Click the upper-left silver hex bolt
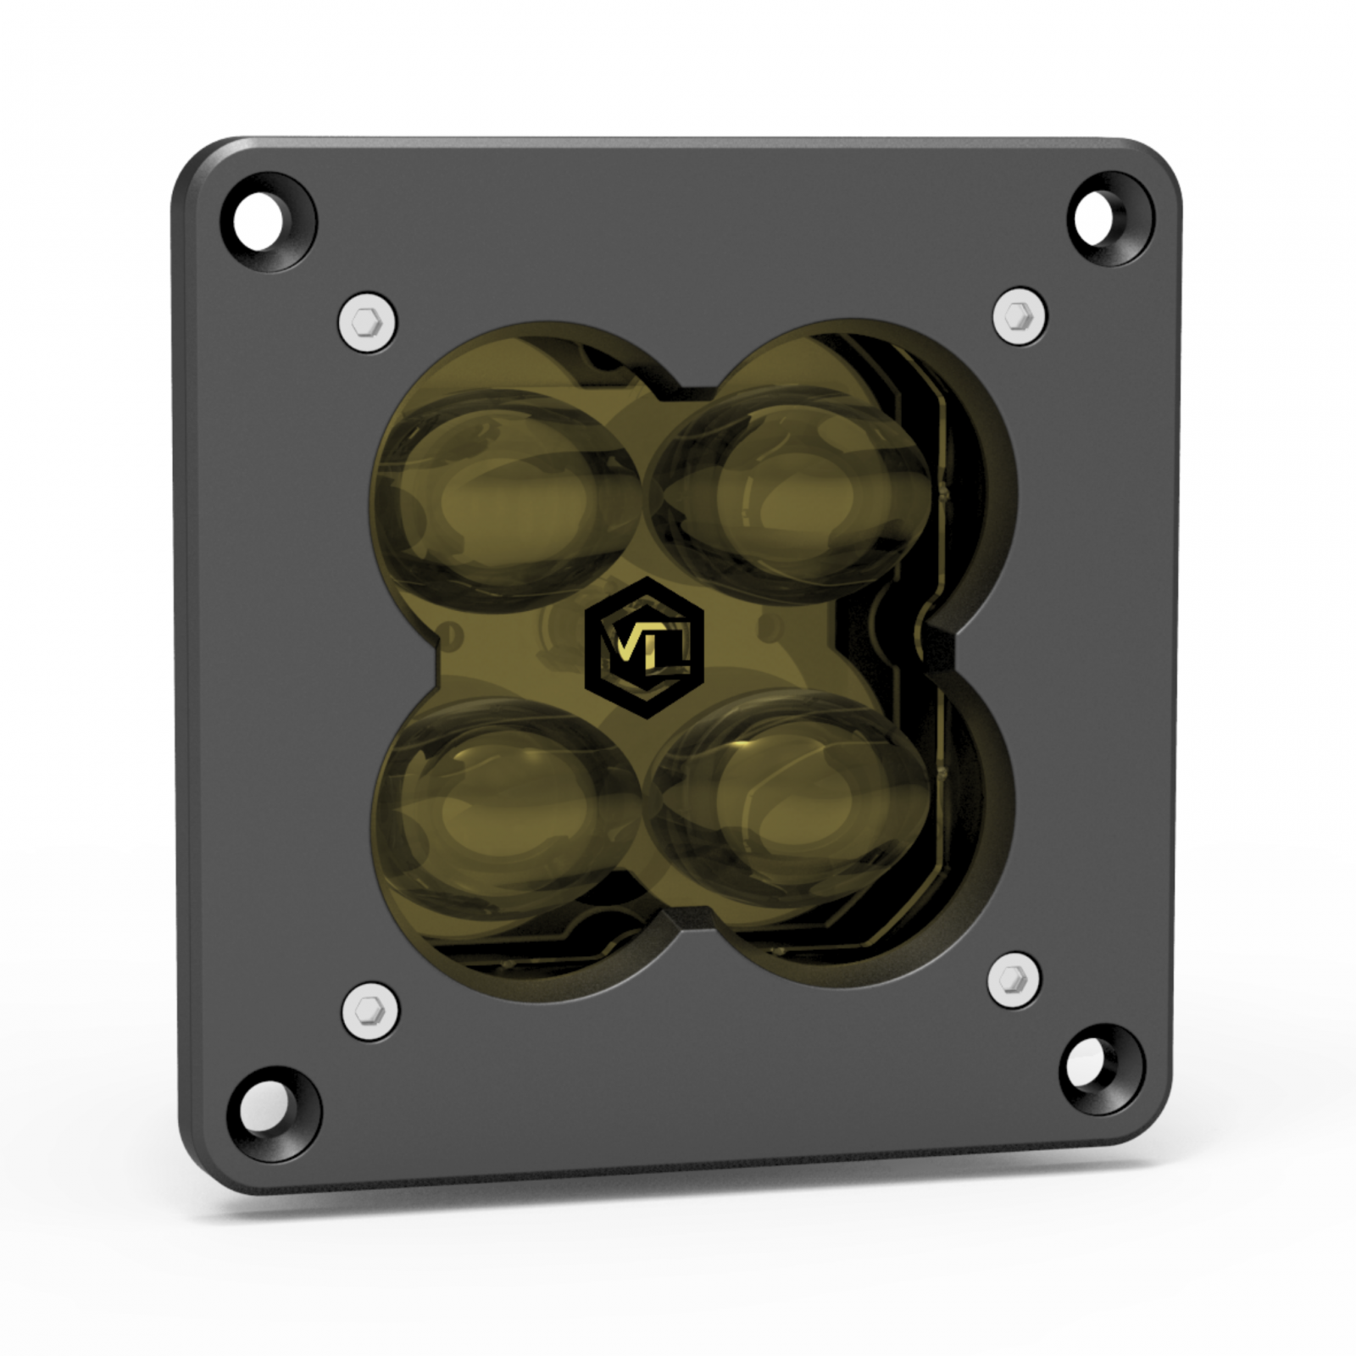[x=368, y=321]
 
